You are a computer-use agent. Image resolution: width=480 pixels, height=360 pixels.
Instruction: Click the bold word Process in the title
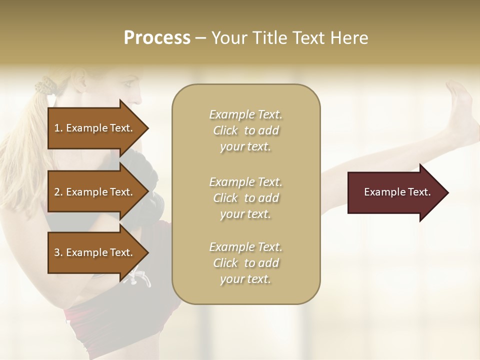pos(157,38)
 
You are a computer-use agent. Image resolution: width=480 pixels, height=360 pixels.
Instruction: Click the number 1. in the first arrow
pos(58,128)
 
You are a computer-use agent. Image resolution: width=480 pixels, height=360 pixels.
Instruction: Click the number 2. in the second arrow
pos(58,192)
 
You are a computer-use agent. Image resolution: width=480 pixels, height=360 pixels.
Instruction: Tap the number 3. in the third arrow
pos(58,252)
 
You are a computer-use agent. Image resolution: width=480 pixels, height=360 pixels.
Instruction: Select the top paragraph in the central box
pos(245,130)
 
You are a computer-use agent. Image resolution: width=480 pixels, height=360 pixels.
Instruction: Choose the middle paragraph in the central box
pos(245,198)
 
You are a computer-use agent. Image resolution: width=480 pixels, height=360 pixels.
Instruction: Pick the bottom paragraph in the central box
pos(245,263)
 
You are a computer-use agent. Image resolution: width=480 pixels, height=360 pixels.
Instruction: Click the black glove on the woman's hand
pos(150,200)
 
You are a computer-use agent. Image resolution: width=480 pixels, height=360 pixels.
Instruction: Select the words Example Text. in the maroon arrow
pos(397,192)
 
